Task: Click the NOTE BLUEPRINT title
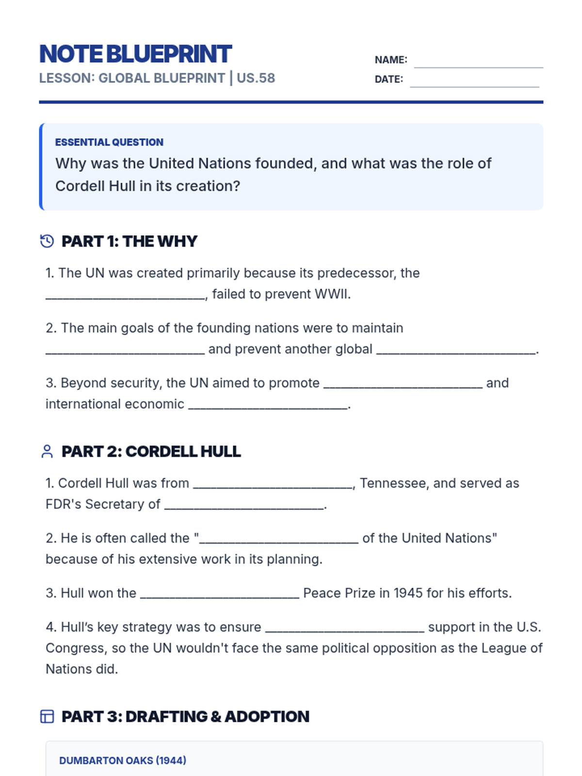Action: coord(135,54)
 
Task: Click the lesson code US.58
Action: coord(256,78)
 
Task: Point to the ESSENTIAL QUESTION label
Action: coord(109,142)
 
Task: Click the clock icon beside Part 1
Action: coord(47,241)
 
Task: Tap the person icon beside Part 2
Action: coord(47,452)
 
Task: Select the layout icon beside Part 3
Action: coord(47,716)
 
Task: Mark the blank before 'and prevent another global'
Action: coord(125,350)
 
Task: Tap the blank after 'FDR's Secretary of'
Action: coord(244,505)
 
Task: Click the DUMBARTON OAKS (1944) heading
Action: coord(123,760)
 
